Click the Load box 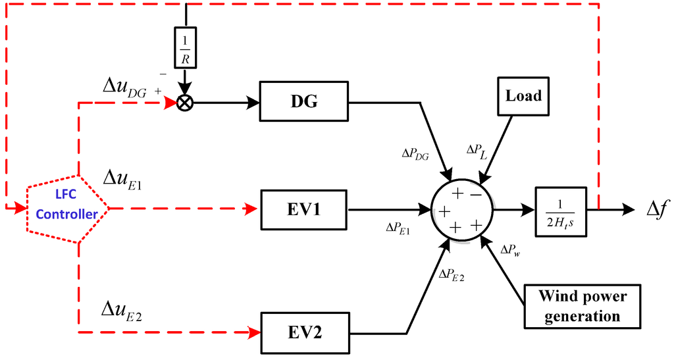[x=523, y=96]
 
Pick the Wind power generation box [x=583, y=307]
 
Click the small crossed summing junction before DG [x=186, y=103]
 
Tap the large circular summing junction [x=461, y=209]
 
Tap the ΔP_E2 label [x=452, y=275]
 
